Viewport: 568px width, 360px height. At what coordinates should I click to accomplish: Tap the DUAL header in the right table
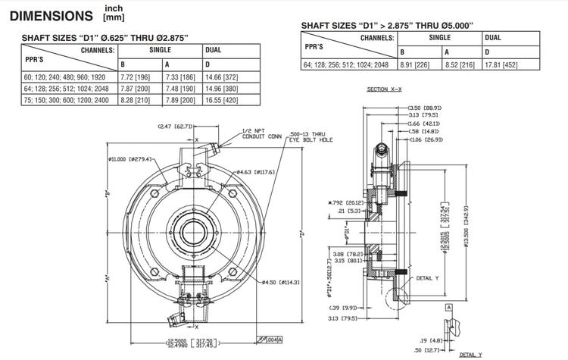492,37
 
